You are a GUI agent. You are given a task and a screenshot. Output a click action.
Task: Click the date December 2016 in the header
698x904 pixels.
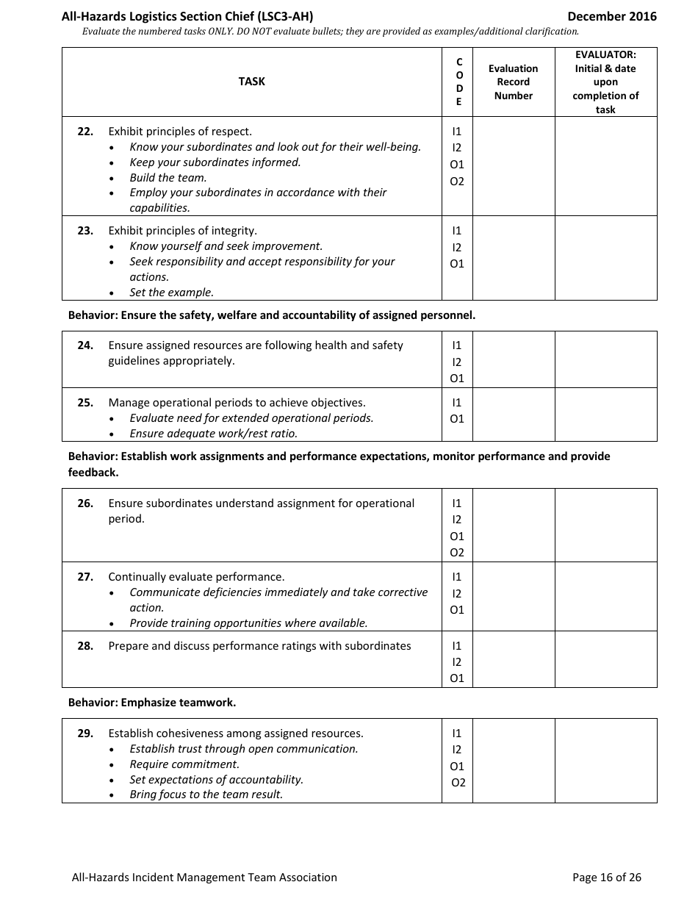point(611,16)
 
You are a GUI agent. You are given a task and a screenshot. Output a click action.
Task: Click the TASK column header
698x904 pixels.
point(251,82)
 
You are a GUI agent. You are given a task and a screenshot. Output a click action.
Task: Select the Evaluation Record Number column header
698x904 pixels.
point(513,82)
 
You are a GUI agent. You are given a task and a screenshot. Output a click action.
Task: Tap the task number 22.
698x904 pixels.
point(85,132)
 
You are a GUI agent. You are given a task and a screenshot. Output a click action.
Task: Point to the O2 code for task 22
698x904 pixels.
point(457,182)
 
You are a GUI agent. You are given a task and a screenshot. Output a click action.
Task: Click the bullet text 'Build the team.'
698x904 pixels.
point(168,177)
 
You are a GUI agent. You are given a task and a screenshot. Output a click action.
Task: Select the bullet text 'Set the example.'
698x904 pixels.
point(171,292)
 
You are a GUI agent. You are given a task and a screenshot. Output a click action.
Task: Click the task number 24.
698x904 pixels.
point(85,345)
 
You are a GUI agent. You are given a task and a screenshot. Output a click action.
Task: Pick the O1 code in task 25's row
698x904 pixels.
point(457,419)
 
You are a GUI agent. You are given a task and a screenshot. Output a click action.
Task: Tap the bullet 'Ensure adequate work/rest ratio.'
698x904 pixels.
point(213,433)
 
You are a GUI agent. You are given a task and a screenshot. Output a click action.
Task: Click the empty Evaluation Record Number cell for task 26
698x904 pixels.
point(513,525)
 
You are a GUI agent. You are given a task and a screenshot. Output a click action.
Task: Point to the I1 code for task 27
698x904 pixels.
point(457,577)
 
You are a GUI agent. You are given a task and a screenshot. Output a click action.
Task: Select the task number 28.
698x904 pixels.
point(85,646)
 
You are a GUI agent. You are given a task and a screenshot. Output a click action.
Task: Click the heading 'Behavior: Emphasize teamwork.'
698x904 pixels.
point(152,703)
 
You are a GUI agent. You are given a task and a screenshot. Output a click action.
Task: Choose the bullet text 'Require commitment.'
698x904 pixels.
point(184,764)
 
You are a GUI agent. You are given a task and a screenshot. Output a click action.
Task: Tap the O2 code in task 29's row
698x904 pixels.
point(458,783)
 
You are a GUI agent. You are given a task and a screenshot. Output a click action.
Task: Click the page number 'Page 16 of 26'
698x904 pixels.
point(607,877)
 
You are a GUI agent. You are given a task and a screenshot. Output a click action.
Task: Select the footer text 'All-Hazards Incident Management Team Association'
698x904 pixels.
point(204,877)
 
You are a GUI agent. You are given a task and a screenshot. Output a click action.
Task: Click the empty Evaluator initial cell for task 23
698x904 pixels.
point(605,257)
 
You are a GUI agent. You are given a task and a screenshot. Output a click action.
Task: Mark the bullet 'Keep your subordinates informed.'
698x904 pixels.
point(215,162)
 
